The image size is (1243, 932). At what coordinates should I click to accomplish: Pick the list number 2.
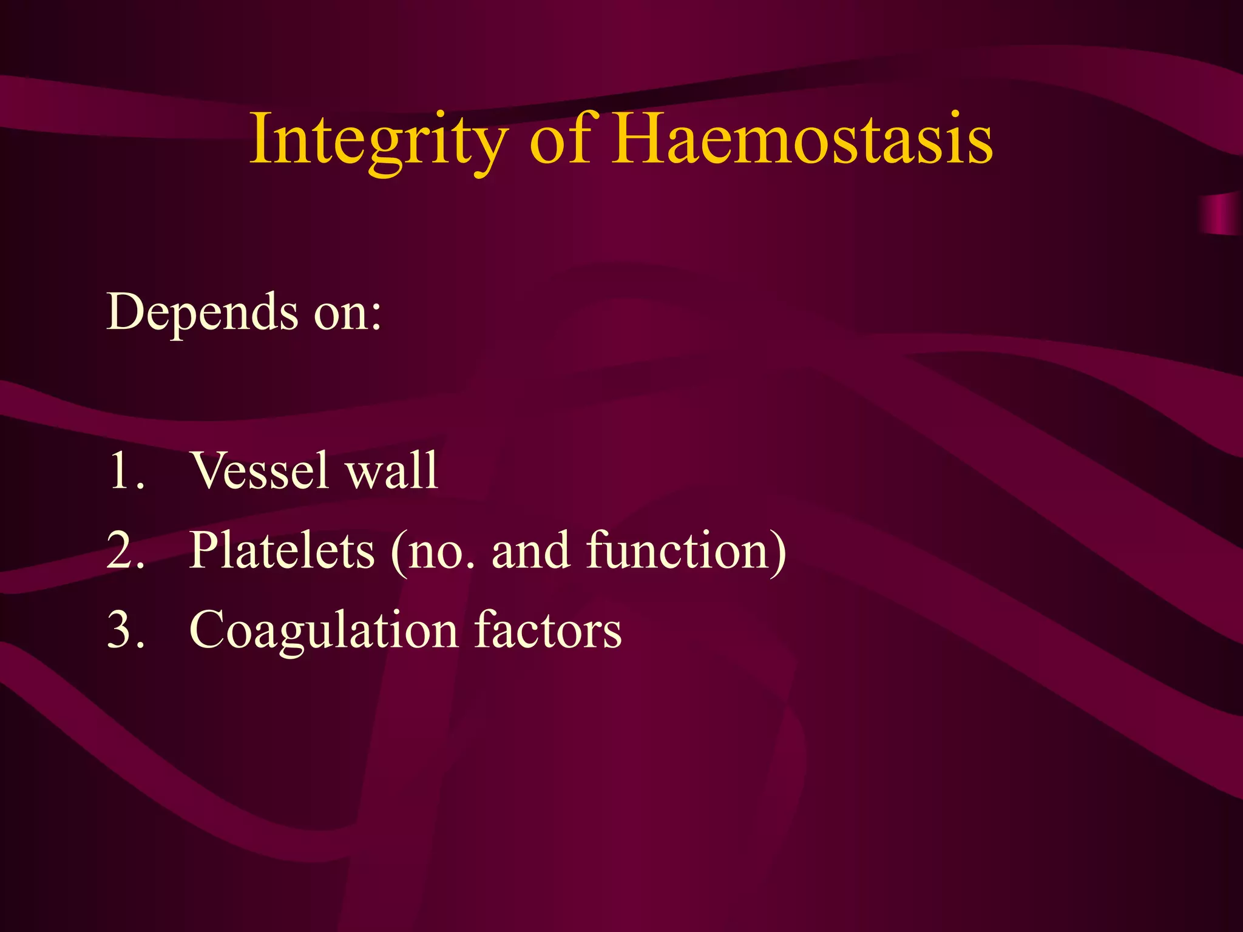click(124, 550)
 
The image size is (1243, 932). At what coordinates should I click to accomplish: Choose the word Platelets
click(282, 550)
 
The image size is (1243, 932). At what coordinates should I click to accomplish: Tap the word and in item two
click(530, 550)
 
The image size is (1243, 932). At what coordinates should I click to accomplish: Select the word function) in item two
click(686, 550)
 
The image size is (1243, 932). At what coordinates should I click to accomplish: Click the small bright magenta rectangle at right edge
click(1221, 214)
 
